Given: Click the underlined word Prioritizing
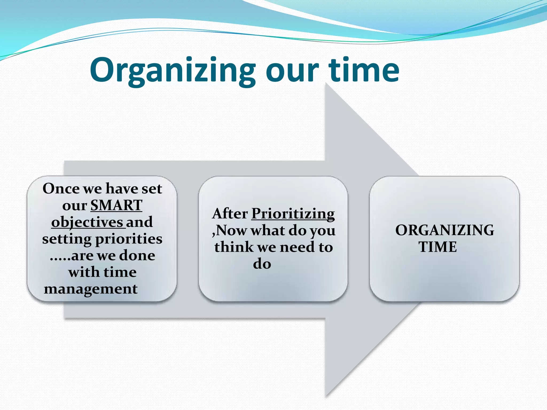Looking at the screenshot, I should pyautogui.click(x=293, y=214).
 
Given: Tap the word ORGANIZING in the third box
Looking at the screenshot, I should pyautogui.click(x=444, y=230).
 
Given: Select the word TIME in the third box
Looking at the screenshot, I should pyautogui.click(x=437, y=247).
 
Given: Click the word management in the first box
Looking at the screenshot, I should pyautogui.click(x=91, y=289).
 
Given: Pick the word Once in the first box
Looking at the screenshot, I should pyautogui.click(x=61, y=188).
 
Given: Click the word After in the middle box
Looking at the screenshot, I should pyautogui.click(x=230, y=214).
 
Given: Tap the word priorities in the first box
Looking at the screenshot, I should pyautogui.click(x=129, y=239).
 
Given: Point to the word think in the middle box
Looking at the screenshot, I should pyautogui.click(x=234, y=247).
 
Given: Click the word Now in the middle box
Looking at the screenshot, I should pyautogui.click(x=231, y=230).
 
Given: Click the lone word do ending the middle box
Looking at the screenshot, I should pyautogui.click(x=262, y=264).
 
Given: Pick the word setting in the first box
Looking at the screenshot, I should pyautogui.click(x=67, y=239).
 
